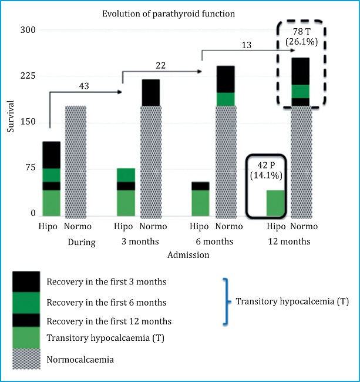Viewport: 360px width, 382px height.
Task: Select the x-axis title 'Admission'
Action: pos(189,255)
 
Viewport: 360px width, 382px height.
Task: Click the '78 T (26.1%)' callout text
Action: pos(301,36)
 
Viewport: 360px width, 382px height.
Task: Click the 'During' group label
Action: pos(82,242)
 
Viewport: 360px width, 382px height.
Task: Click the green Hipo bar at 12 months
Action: pos(276,203)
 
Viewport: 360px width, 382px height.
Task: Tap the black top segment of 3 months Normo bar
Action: pos(150,92)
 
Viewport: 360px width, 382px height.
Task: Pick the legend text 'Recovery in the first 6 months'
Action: pos(106,303)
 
